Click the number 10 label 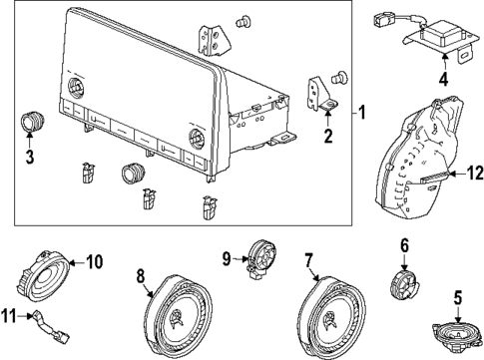(94, 262)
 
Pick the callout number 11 (11, 317)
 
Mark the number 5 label (458, 296)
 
